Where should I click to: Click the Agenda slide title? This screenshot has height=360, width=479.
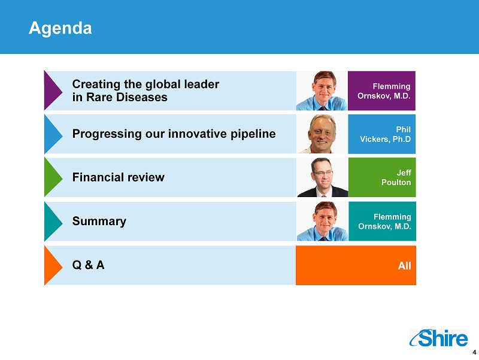click(60, 28)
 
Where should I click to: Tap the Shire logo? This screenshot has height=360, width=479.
click(438, 338)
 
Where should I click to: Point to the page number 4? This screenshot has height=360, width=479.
click(474, 352)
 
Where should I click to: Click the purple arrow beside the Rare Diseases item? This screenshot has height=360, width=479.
click(53, 90)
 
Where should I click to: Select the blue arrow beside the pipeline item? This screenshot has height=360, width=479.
click(53, 134)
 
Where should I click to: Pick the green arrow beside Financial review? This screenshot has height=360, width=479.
click(53, 177)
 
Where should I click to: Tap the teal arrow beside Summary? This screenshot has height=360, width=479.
click(53, 221)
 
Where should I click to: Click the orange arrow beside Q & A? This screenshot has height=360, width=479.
click(53, 265)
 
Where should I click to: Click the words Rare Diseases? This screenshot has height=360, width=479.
click(127, 97)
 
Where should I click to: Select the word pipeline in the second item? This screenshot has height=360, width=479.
click(253, 134)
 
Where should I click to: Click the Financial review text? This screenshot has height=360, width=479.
click(118, 177)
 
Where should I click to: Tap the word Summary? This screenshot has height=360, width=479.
click(99, 221)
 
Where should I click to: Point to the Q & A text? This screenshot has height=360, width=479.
click(88, 265)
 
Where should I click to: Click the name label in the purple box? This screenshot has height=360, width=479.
click(384, 91)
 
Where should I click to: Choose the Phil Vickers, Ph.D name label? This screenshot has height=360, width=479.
click(385, 134)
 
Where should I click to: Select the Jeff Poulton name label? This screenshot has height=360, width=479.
click(396, 177)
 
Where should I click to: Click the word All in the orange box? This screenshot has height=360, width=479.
click(405, 265)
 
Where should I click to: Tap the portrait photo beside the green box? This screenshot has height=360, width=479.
click(322, 177)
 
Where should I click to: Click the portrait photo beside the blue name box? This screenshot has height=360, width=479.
click(322, 134)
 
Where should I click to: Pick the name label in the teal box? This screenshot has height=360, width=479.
click(384, 221)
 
